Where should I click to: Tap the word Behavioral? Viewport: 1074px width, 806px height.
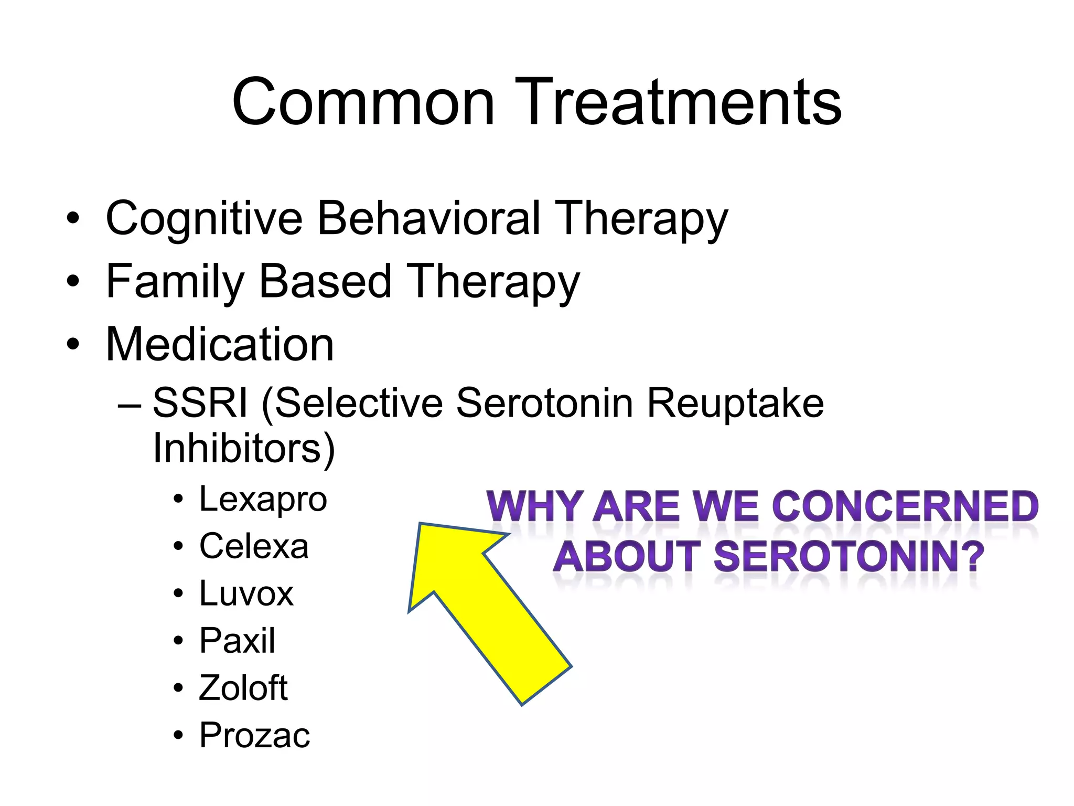(428, 218)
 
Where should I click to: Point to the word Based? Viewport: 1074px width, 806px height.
(325, 281)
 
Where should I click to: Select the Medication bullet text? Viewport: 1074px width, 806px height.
(220, 344)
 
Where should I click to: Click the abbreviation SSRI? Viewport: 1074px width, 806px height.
(200, 403)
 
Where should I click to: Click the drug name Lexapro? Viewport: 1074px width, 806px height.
(263, 499)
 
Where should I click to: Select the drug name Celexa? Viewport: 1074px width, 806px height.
(254, 546)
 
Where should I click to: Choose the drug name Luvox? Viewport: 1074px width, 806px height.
(246, 593)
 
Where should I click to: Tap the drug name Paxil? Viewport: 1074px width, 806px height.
(237, 641)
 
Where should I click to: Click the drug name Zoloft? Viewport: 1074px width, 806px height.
(243, 688)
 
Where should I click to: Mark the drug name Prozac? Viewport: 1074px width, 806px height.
(254, 735)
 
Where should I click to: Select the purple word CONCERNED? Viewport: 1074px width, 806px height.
(906, 507)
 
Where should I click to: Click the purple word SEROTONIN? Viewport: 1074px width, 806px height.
(849, 557)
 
